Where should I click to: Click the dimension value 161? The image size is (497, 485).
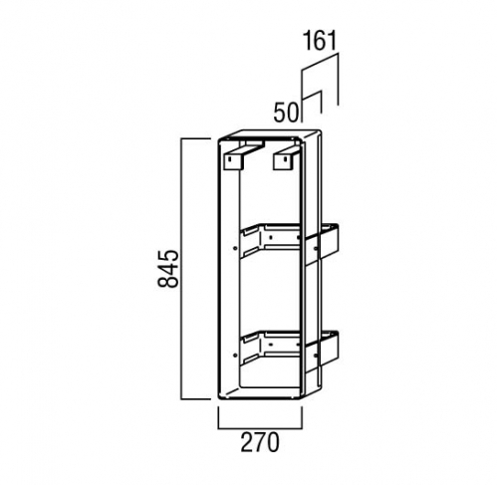tap(320, 41)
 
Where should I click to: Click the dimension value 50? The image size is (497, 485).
tap(286, 113)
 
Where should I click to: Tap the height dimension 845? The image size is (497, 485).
tap(168, 269)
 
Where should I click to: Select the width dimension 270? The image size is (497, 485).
tap(260, 442)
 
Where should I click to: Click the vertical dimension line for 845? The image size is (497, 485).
tap(181, 269)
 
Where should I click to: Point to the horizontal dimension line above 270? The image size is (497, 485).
tap(260, 428)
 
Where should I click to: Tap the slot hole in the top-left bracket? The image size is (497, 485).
tap(230, 159)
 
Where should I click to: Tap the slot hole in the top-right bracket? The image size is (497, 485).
tap(285, 159)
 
